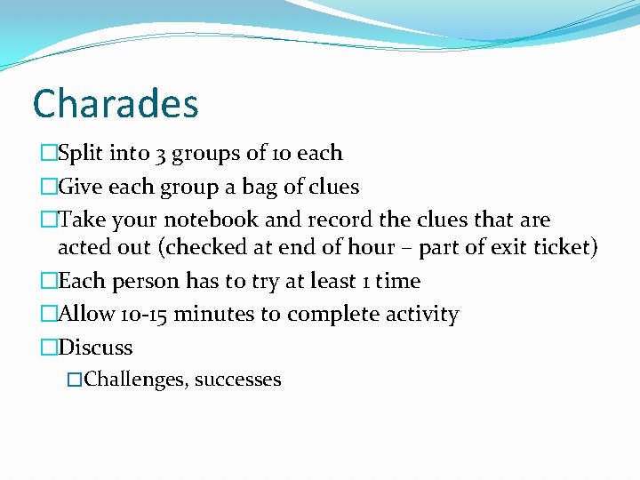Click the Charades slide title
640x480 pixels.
116,104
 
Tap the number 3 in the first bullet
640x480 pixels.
160,154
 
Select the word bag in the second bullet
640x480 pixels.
239,188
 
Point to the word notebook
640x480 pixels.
199,220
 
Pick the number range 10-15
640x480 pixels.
145,315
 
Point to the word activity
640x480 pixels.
421,315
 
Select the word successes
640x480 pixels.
237,380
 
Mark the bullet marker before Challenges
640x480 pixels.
74,380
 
